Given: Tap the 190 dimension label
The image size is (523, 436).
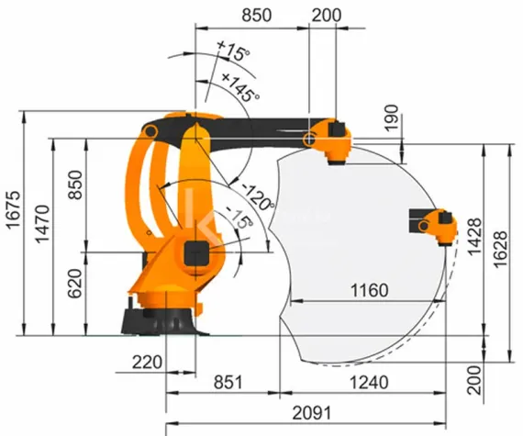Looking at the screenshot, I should [392, 117].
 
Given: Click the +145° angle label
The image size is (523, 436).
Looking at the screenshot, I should [240, 87].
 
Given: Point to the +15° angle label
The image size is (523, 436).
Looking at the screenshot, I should [232, 52].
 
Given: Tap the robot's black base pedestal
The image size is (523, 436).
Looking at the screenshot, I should [156, 321].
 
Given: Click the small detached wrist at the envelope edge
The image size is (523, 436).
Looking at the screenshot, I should [435, 224].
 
